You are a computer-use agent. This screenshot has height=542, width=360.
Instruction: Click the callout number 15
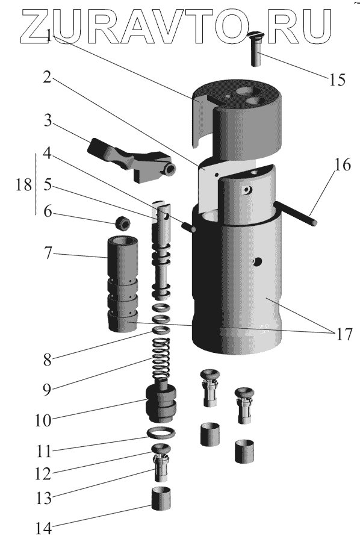tap(337, 80)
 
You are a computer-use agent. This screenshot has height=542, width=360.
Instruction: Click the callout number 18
tap(23, 185)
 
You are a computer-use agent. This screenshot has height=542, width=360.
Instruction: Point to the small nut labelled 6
tap(123, 223)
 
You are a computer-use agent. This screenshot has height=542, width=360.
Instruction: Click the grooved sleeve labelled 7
tap(123, 284)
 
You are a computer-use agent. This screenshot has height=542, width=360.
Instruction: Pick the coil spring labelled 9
tap(161, 358)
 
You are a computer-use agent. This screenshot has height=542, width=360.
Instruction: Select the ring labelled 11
tap(161, 432)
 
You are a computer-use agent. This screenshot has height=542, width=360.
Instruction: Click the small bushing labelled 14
tap(161, 498)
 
